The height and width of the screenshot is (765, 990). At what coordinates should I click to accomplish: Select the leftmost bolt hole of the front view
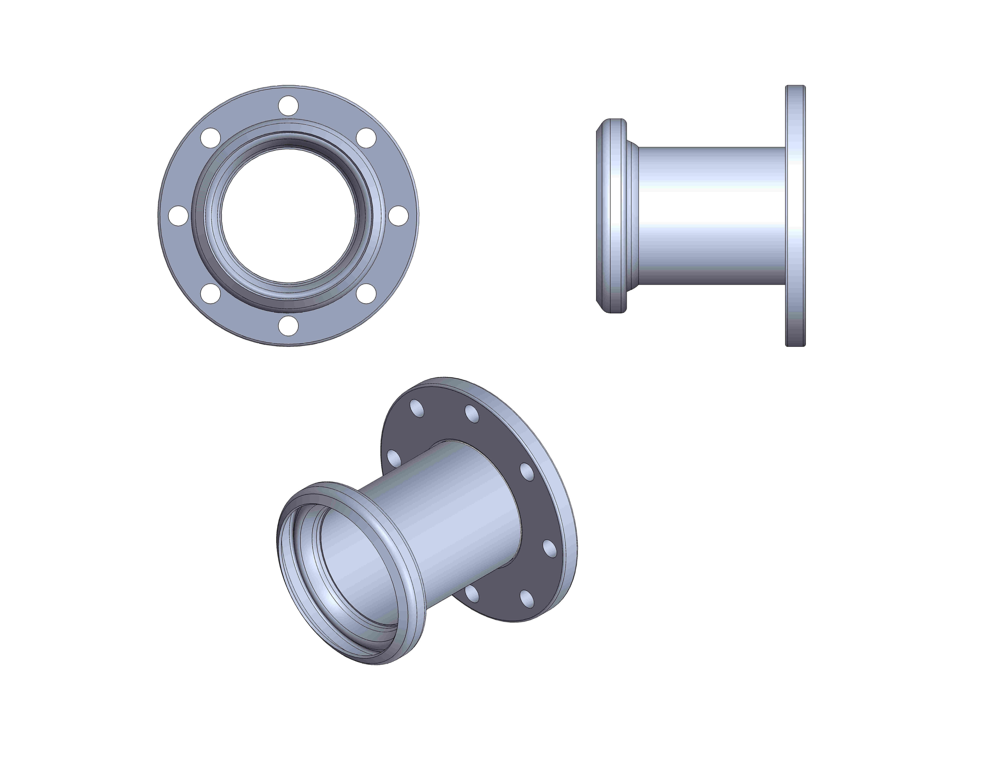[x=178, y=216]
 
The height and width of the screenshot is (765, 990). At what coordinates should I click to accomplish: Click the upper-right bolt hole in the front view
[x=366, y=138]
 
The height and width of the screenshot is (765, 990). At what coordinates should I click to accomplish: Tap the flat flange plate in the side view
[x=796, y=216]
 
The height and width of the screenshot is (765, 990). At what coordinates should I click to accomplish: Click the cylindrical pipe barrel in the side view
[x=712, y=216]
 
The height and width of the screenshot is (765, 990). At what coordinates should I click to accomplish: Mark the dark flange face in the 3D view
[x=499, y=435]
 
